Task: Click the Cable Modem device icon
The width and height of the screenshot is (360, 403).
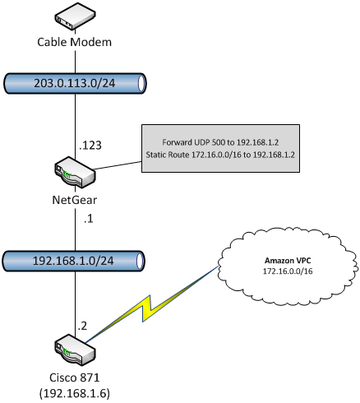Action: click(75, 16)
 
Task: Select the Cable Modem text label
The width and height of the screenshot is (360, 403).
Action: click(75, 42)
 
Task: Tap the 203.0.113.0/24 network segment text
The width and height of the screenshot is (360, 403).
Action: click(75, 83)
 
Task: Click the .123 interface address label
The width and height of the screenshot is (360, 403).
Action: click(90, 146)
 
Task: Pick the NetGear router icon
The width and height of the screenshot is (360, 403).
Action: click(75, 172)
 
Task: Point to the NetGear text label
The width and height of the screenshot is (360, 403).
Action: click(75, 200)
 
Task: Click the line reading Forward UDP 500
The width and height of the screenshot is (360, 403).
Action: click(220, 142)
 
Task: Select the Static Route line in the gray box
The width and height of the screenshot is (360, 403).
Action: click(220, 155)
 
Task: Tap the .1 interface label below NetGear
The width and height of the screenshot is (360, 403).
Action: click(89, 219)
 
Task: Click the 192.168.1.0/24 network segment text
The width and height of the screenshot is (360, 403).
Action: click(73, 261)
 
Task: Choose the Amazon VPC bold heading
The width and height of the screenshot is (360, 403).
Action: click(288, 261)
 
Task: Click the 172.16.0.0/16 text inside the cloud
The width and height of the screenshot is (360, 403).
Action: click(288, 271)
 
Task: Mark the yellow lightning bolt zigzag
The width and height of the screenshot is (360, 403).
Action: click(151, 304)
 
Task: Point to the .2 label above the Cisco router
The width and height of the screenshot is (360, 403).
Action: click(82, 326)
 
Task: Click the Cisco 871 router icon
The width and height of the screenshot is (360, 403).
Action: click(75, 350)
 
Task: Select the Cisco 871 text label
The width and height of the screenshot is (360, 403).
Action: click(75, 378)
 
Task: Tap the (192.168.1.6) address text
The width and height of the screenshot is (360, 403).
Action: click(75, 394)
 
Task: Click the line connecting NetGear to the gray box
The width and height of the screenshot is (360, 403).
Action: click(118, 165)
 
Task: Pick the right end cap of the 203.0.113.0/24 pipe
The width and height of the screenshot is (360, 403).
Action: click(141, 84)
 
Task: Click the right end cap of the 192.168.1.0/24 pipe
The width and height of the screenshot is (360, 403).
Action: click(140, 262)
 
